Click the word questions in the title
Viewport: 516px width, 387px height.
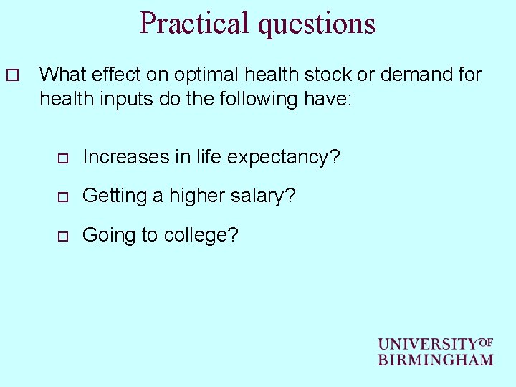click(x=316, y=23)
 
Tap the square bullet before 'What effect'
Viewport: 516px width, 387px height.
click(x=10, y=75)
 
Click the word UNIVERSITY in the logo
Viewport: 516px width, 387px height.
click(x=427, y=345)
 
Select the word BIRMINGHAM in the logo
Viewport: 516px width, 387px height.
click(x=436, y=360)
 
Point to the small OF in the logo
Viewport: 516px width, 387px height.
click(x=485, y=343)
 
